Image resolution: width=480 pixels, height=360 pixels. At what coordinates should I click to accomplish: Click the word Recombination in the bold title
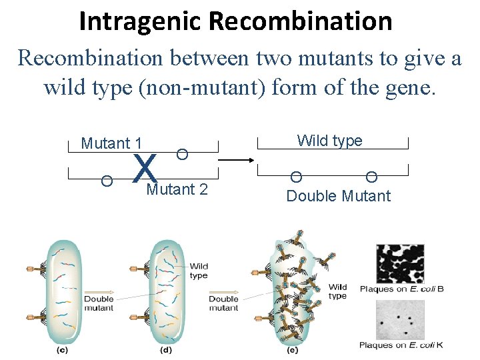300,21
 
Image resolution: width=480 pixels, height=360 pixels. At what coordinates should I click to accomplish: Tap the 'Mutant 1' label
111,143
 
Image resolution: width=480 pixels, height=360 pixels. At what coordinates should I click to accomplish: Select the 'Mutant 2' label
177,190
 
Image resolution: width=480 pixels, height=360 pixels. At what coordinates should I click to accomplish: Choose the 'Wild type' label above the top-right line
329,141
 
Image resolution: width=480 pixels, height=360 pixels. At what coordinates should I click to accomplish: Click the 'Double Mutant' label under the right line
338,196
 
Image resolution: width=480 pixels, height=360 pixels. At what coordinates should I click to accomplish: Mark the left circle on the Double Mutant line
296,177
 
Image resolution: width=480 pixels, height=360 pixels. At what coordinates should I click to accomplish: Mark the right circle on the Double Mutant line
371,177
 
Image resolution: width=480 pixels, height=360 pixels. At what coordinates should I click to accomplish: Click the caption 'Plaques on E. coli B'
401,289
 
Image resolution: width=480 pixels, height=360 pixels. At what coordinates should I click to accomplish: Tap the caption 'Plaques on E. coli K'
401,345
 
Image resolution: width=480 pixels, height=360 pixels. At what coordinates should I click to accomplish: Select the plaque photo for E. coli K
400,319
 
